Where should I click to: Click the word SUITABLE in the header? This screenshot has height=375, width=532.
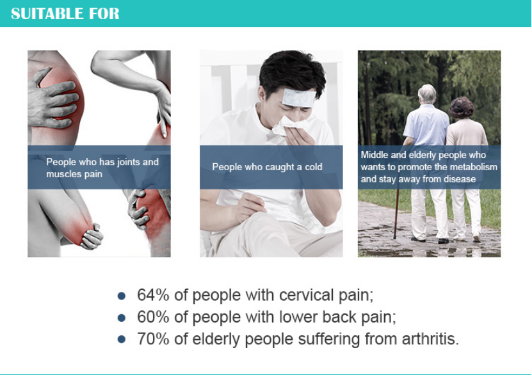point(47,13)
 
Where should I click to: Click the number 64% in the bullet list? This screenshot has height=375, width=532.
point(153,294)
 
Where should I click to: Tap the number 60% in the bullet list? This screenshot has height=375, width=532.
point(153,317)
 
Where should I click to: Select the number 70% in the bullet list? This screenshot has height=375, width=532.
point(153,339)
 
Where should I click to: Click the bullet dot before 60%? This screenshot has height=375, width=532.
point(122,317)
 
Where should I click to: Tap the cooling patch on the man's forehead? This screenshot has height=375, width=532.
point(299,98)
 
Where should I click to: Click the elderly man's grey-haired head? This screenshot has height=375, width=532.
point(426,94)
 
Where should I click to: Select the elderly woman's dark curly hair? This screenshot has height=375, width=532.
point(461,108)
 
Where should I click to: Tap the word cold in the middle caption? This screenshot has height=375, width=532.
point(314,167)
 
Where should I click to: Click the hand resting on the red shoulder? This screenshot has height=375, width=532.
point(52,99)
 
